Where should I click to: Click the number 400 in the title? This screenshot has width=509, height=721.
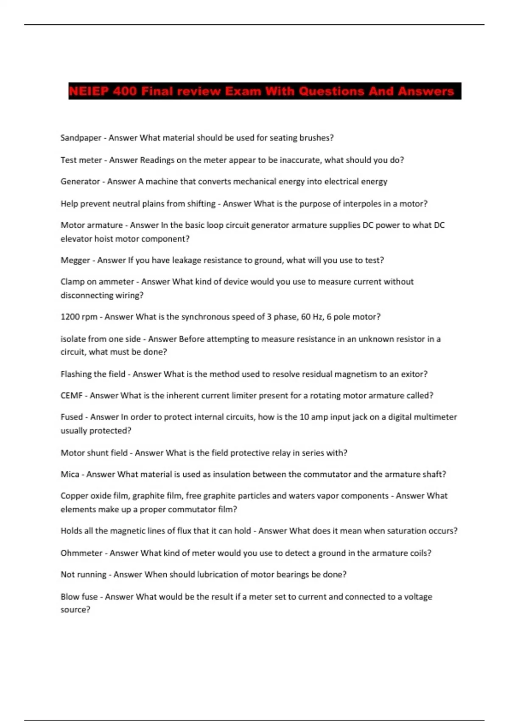click(x=125, y=91)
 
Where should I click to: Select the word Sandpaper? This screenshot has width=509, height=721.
click(x=81, y=138)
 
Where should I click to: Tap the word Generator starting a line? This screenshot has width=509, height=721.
click(x=80, y=182)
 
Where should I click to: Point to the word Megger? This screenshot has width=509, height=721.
click(x=75, y=260)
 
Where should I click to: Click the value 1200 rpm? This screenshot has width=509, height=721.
click(x=79, y=317)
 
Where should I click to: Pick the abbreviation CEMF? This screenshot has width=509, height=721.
click(x=71, y=395)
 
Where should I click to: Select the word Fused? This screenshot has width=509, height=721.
click(x=71, y=417)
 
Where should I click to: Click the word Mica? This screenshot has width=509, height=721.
click(x=70, y=474)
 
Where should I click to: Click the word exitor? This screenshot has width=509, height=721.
click(x=412, y=374)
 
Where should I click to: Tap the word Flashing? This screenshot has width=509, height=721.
click(x=76, y=374)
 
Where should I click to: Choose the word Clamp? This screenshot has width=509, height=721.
click(x=72, y=282)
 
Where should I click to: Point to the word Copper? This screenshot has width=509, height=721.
click(x=74, y=496)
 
